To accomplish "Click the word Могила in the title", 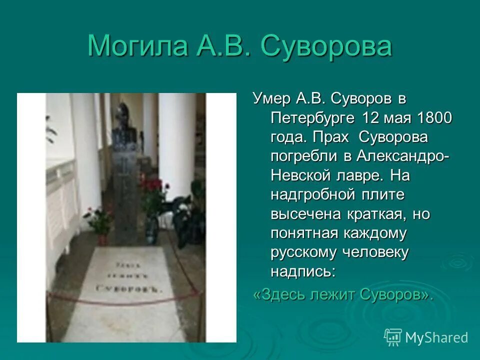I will point(136,46).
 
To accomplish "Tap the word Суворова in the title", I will point(326,46).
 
